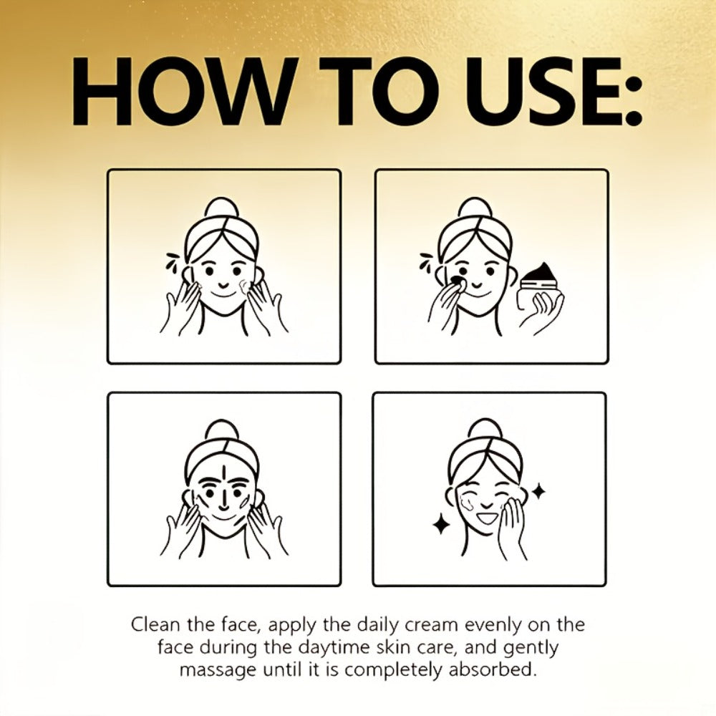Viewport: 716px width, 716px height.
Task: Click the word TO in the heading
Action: pyautogui.click(x=372, y=92)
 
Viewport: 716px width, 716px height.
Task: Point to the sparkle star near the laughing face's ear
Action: pyautogui.click(x=539, y=491)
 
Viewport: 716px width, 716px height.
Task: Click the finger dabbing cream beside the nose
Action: pyautogui.click(x=458, y=287)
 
